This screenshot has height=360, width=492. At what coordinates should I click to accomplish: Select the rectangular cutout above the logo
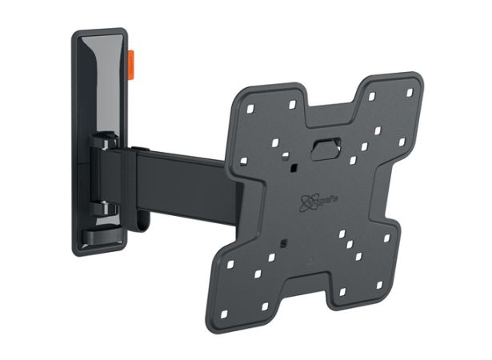[x=324, y=149]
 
